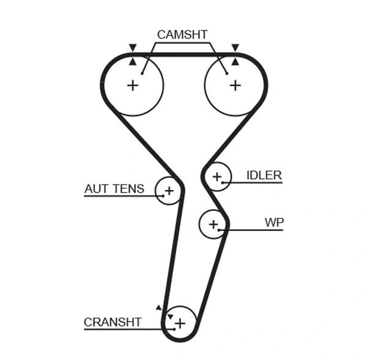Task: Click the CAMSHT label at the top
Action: coord(182,34)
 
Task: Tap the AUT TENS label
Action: coord(114,189)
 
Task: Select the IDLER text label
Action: coord(264,175)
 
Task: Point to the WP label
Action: coord(274,222)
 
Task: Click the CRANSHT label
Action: coord(113,322)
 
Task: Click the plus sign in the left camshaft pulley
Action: coord(133,85)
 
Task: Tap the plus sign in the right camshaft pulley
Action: coord(235,85)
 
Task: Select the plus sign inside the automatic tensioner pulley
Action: coord(169,191)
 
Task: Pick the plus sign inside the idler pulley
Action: coord(216,177)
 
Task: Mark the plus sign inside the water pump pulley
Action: coord(213,224)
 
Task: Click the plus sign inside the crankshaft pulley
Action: coord(180,321)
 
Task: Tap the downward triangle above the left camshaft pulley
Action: coord(132,48)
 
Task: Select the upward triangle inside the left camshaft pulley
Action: coord(132,61)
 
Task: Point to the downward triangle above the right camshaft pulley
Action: coord(235,48)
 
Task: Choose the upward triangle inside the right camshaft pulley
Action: coord(235,61)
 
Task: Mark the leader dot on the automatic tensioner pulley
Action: coord(163,196)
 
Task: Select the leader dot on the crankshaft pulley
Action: coord(174,329)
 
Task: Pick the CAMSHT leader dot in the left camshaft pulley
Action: coord(141,73)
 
